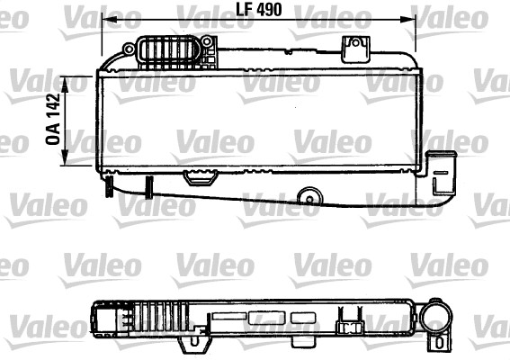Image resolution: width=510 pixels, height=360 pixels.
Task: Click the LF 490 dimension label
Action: (258, 11)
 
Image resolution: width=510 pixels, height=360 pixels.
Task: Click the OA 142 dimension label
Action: (54, 119)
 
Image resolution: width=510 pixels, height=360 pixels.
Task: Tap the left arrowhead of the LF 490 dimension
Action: (110, 20)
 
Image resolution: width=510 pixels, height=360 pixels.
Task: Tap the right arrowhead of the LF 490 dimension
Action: (407, 20)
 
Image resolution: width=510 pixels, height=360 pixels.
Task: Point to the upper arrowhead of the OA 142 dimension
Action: (65, 84)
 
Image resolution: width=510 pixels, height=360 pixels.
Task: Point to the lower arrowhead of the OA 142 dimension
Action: (65, 157)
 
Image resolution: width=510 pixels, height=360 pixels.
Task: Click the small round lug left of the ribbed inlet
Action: (129, 49)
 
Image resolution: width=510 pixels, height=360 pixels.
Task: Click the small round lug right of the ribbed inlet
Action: (207, 41)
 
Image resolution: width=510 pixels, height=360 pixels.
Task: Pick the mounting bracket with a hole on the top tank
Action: (355, 49)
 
